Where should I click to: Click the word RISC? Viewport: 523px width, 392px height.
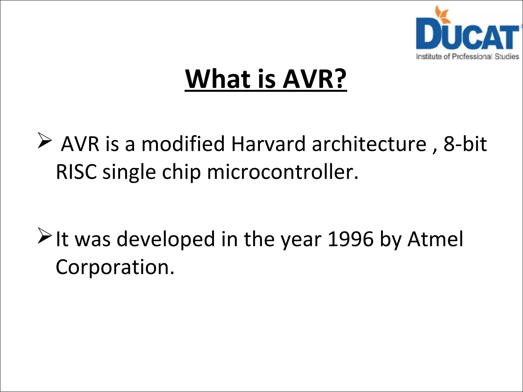(76, 172)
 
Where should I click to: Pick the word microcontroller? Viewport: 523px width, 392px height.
(282, 172)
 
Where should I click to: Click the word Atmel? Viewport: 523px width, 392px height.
(435, 239)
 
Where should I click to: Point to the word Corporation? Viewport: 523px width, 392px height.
(115, 267)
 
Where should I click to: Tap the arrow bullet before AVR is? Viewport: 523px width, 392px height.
(44, 140)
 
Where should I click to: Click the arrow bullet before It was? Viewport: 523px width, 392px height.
(44, 235)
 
